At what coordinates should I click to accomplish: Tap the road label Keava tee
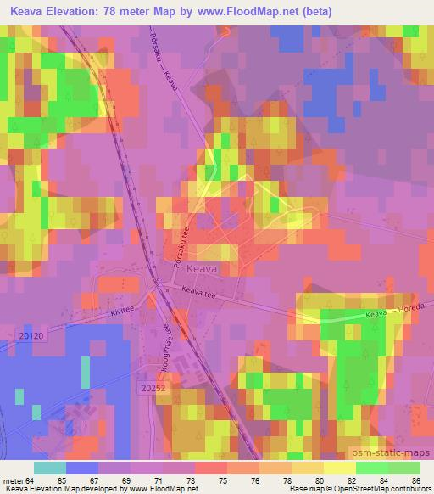201,294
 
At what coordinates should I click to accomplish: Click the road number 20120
29,337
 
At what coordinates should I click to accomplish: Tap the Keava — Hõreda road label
394,314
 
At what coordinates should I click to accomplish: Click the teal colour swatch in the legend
51,468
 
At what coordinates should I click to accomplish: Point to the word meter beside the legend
15,480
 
